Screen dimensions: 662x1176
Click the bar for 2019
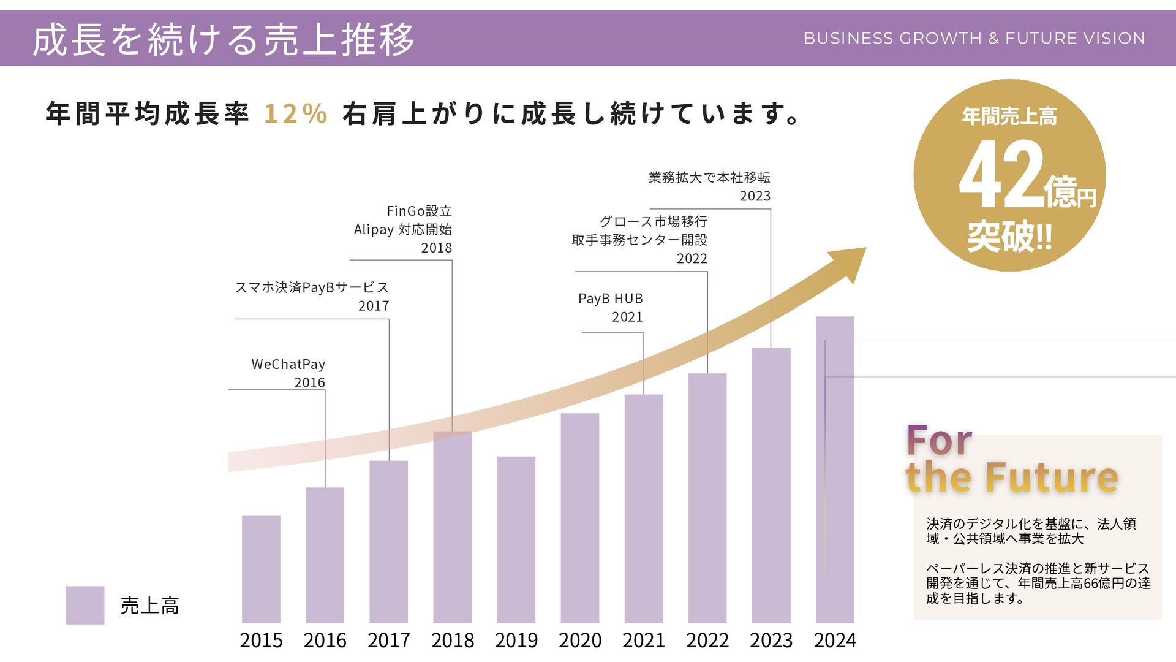tap(516, 539)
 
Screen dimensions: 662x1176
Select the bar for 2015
tap(261, 569)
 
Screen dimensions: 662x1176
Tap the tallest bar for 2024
tap(835, 470)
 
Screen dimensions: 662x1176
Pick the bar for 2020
tap(579, 518)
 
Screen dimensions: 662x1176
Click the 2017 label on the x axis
tap(388, 641)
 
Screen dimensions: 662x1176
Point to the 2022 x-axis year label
tap(707, 641)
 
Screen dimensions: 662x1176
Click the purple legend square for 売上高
tap(85, 605)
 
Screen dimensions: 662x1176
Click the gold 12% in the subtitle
tap(296, 114)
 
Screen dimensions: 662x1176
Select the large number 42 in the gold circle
tap(1001, 175)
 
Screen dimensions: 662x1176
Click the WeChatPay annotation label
tap(288, 364)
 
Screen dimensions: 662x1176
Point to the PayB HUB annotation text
tap(610, 299)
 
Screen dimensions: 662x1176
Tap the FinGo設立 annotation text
tap(419, 211)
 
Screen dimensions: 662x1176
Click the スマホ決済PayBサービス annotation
tap(312, 287)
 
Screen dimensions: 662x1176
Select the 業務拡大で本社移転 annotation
tap(709, 178)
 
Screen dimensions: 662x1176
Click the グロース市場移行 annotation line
tap(653, 221)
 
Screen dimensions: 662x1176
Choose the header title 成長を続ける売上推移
tap(224, 39)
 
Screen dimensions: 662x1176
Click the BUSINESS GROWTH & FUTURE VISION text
tap(974, 38)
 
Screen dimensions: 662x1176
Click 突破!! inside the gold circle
tap(1009, 237)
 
